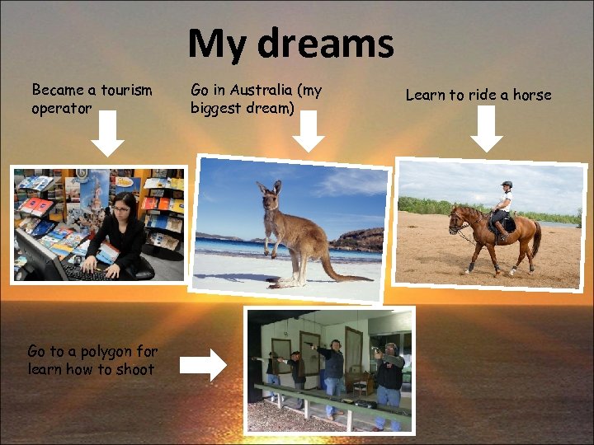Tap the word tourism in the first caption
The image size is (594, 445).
click(x=124, y=90)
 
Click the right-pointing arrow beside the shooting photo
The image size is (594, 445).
click(x=203, y=363)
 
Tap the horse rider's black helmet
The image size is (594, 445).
click(x=506, y=185)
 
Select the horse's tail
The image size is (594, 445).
click(x=537, y=239)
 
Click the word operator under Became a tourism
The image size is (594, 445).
click(x=61, y=108)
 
